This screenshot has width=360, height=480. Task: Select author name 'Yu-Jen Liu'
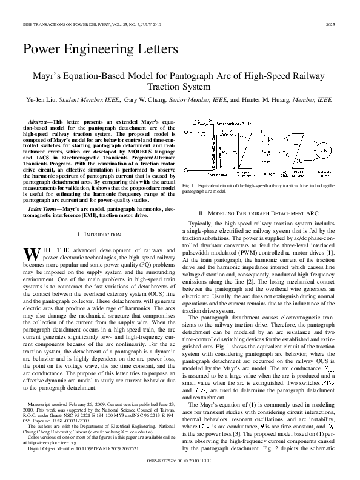(x=42, y=99)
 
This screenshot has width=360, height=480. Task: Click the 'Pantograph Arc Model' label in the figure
(x=235, y=123)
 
